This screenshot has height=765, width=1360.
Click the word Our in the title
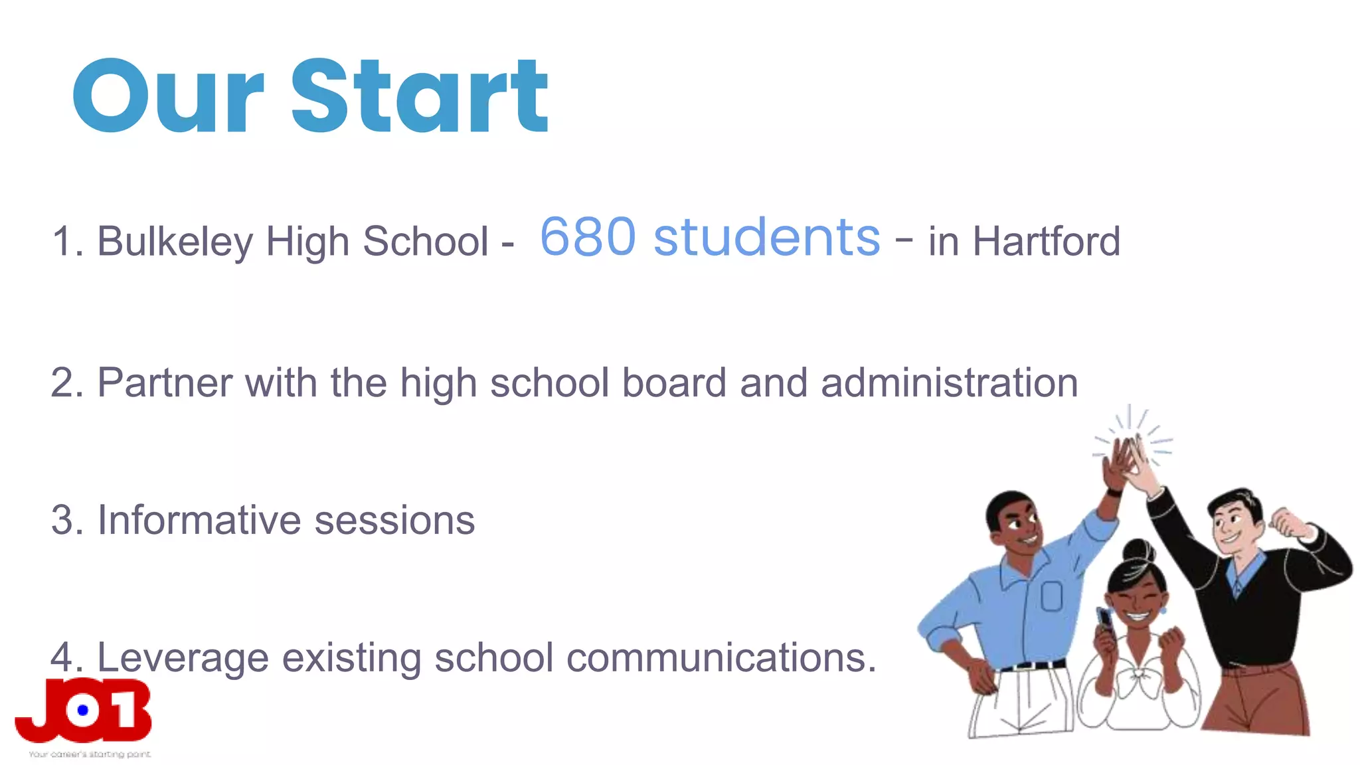pos(169,98)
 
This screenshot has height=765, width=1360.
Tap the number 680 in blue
pos(588,237)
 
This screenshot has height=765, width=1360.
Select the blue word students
pos(767,237)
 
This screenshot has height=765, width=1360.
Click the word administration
pos(949,383)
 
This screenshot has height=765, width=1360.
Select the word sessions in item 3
pos(394,520)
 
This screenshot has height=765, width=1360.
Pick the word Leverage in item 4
pos(183,658)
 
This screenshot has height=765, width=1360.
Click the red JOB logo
pos(84,711)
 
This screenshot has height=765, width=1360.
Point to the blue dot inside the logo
pos(83,711)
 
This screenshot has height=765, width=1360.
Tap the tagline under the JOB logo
pos(90,754)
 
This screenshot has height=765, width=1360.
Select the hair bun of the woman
pos(1138,551)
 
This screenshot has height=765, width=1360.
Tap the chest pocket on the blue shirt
pos(1051,596)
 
